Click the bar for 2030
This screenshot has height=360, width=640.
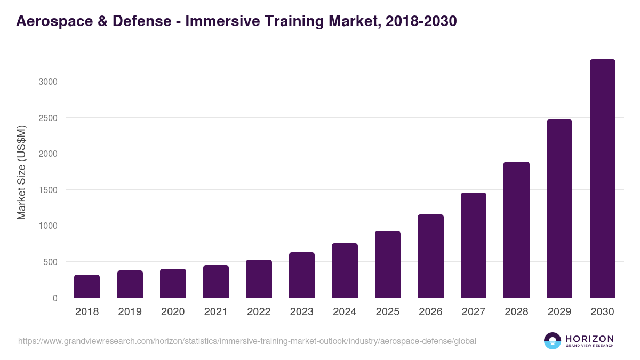coord(602,179)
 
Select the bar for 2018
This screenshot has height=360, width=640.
coord(87,286)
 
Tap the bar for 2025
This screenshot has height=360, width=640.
coord(388,265)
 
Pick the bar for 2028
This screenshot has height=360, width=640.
coord(516,230)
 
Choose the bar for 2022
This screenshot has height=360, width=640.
coord(259,279)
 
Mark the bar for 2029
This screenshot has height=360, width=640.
coord(559,209)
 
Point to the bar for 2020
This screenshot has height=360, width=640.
coord(173,283)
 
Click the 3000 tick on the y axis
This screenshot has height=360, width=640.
coord(47,82)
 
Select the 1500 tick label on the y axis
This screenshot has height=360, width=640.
coord(47,190)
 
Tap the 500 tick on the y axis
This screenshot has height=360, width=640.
coord(50,262)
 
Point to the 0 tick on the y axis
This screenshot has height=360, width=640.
coord(55,298)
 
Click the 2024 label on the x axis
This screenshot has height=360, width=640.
coord(345,312)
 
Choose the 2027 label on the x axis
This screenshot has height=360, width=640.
coord(473,312)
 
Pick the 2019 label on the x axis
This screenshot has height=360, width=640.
coord(130,312)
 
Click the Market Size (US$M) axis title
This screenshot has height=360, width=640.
coord(21,173)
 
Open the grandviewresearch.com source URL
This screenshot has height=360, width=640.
coord(247,341)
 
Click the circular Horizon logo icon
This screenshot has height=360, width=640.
coord(553,341)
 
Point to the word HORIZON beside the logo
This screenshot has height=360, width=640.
coord(589,339)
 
